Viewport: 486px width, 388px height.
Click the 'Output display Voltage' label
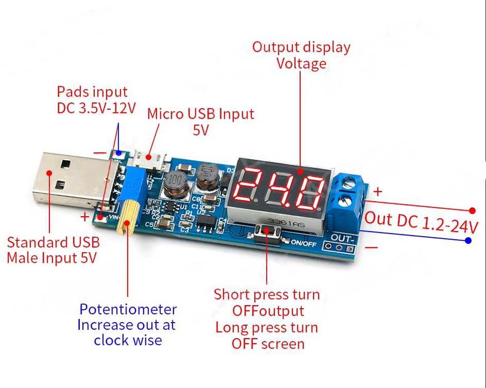[301, 55]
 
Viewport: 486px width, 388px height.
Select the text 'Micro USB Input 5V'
[200, 121]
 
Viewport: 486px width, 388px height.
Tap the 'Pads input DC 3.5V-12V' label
[95, 99]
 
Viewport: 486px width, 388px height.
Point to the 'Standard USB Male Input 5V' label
[53, 249]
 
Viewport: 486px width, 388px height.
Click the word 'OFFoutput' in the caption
[268, 310]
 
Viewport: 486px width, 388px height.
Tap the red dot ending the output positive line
[472, 211]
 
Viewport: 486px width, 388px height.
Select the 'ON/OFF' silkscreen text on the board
[303, 242]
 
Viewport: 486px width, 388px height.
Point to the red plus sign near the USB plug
[85, 217]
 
